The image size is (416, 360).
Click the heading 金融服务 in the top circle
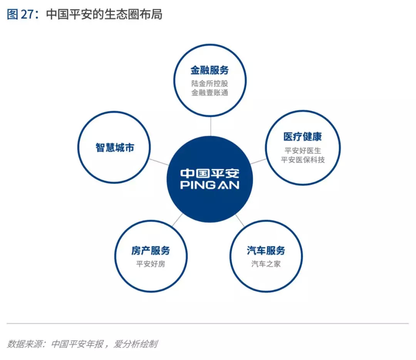(x=210, y=70)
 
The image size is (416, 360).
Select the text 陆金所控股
(x=210, y=83)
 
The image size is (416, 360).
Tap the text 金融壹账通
(x=210, y=93)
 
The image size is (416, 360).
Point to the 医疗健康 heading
(x=302, y=137)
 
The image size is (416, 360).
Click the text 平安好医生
(x=302, y=150)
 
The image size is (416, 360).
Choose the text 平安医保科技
(x=302, y=160)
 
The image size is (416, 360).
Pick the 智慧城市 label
(x=115, y=147)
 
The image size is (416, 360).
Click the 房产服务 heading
(x=151, y=251)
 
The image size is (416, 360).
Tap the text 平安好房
(x=151, y=264)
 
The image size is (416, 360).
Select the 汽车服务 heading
(x=266, y=251)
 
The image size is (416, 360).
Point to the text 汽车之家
(x=266, y=264)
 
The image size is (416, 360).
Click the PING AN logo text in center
(x=210, y=185)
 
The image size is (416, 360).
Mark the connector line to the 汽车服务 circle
(x=240, y=221)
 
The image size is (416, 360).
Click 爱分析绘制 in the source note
(x=136, y=344)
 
